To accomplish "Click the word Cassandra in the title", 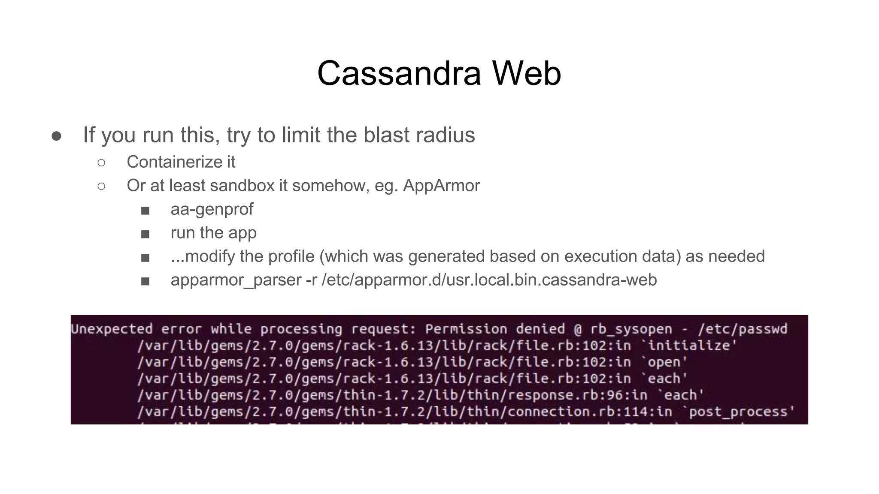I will [x=399, y=73].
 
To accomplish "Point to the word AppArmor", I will [x=441, y=186].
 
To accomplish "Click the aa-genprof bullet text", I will [x=212, y=209].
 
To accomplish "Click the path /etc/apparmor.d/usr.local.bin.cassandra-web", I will [x=489, y=280].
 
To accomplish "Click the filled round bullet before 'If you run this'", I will [x=56, y=136].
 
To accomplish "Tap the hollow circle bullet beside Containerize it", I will [x=101, y=163].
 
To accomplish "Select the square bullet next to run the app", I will [x=145, y=234].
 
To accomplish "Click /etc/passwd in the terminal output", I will [x=743, y=329].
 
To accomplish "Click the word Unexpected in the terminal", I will [x=112, y=329].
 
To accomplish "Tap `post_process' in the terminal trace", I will [x=738, y=412].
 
